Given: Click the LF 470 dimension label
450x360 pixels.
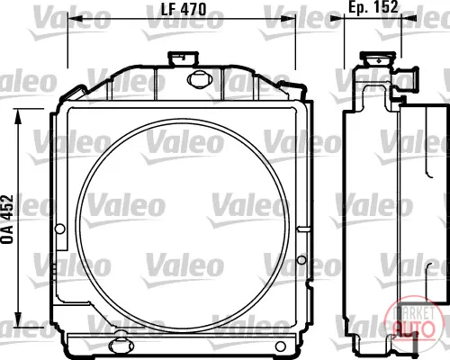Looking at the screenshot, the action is pyautogui.click(x=184, y=9).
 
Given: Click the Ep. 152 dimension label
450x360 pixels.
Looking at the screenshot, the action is pyautogui.click(x=373, y=6).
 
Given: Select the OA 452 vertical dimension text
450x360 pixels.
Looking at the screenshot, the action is pyautogui.click(x=8, y=219).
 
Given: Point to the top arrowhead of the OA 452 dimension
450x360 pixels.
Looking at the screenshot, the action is pyautogui.click(x=18, y=116).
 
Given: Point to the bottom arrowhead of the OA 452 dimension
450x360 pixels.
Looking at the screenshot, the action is pyautogui.click(x=18, y=319).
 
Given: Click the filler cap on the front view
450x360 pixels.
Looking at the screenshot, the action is pyautogui.click(x=183, y=58).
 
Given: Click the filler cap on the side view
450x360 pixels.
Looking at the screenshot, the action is pyautogui.click(x=378, y=58).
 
